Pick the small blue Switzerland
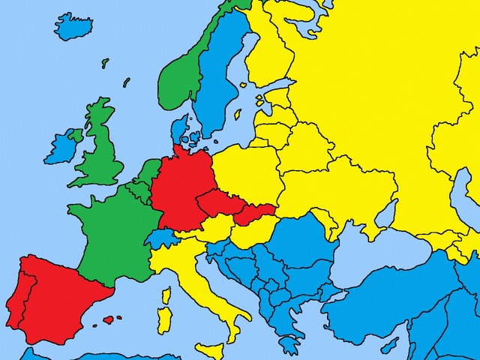[160, 239]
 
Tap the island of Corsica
[166, 295]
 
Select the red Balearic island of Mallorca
[108, 319]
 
